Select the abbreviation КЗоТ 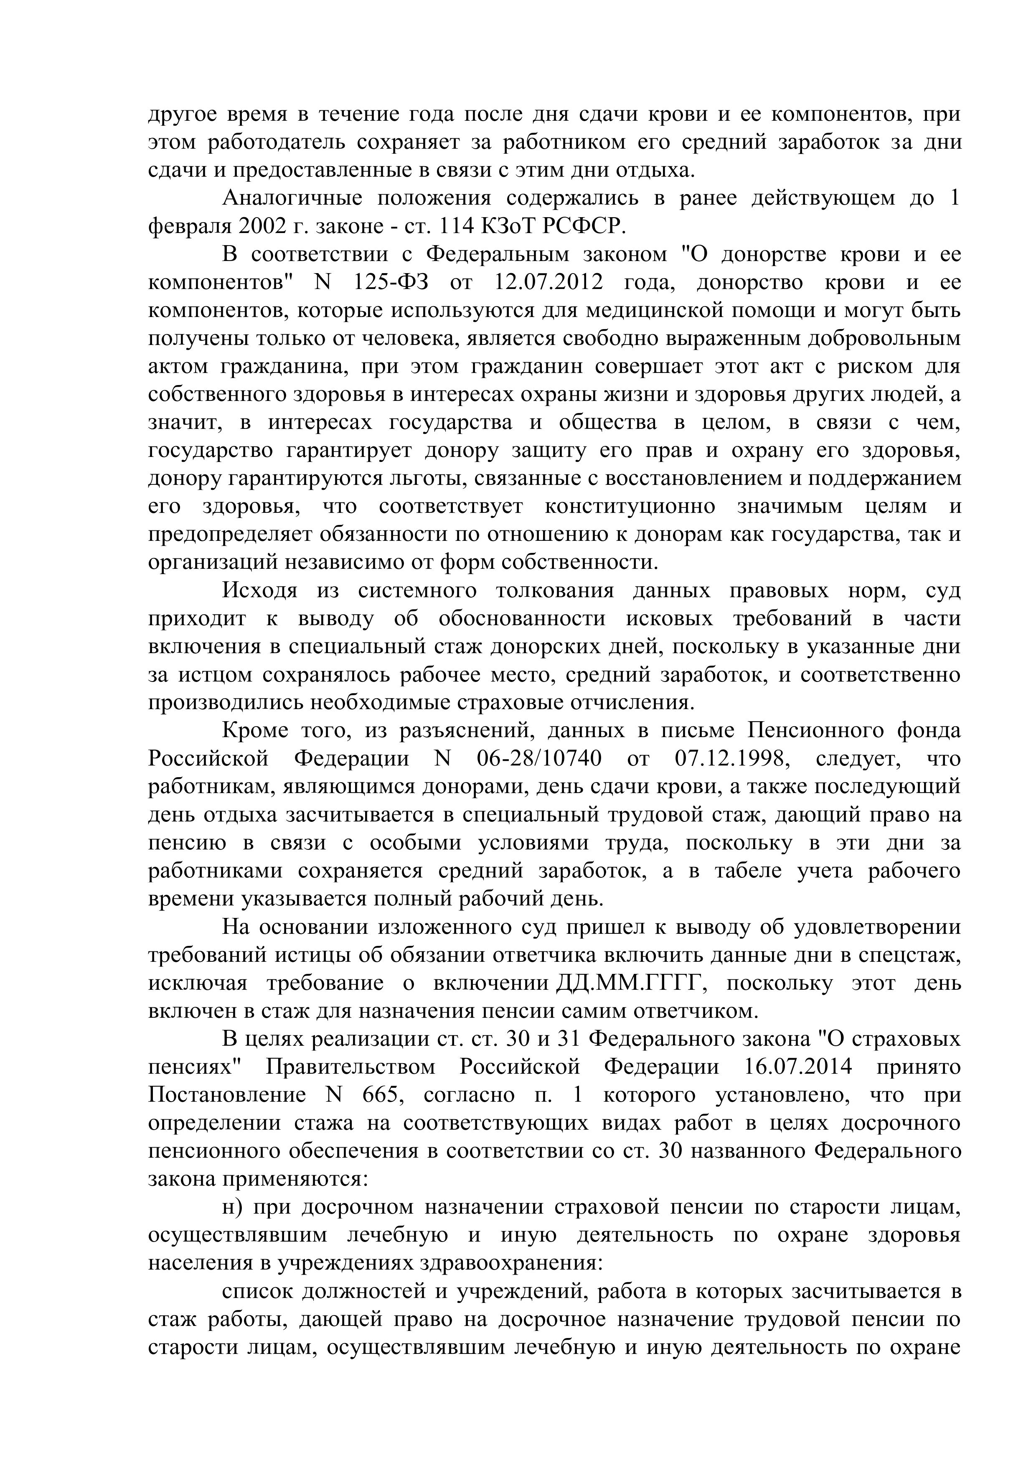point(510,226)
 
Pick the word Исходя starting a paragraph point(260,591)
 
